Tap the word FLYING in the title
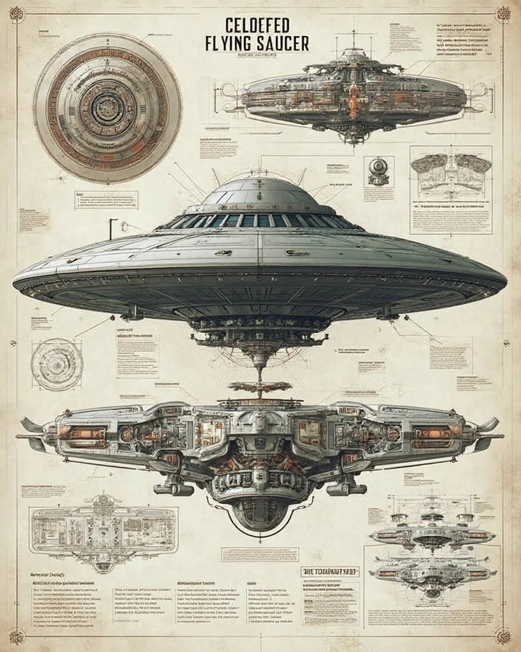(231, 43)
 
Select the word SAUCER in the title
(283, 43)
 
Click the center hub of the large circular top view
(107, 108)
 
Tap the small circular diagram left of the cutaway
(57, 364)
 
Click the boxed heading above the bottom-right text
(331, 571)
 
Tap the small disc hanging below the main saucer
(259, 386)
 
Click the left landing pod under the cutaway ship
(173, 488)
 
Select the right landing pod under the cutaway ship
(347, 488)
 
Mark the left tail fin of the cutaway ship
(32, 425)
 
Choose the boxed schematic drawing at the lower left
(93, 530)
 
